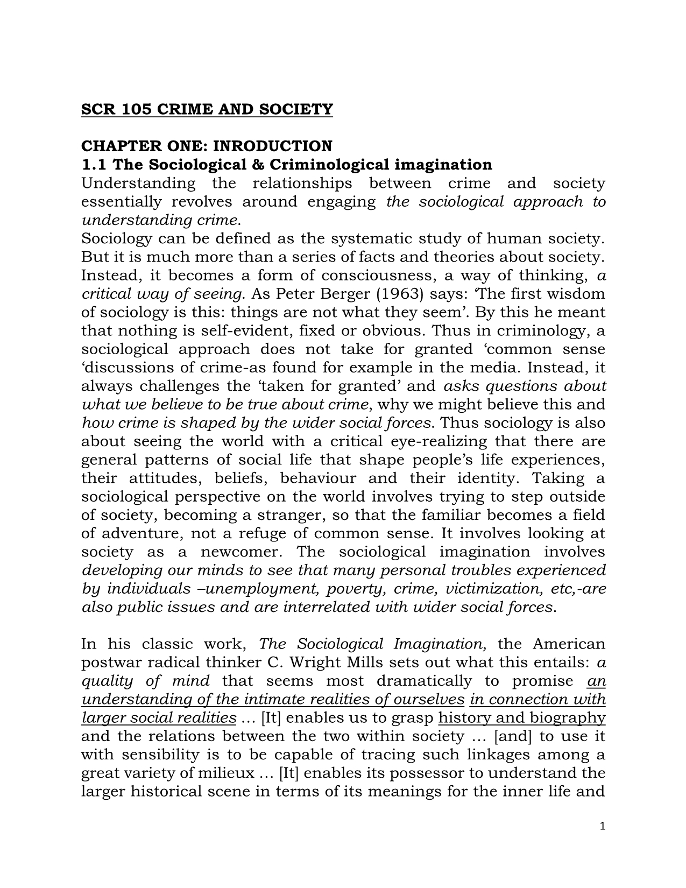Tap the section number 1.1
coord(93,164)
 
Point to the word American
coord(569,644)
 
